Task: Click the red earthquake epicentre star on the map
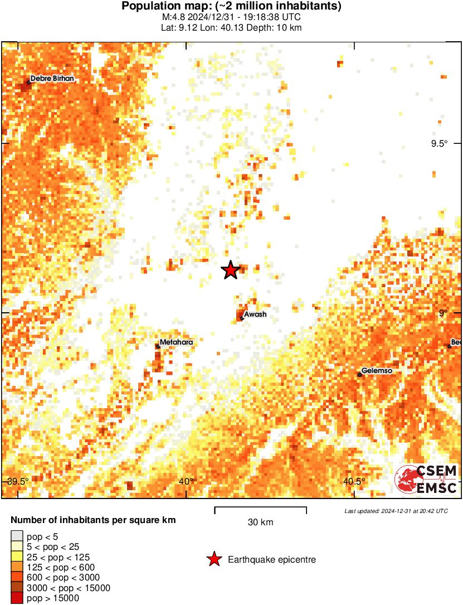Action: point(230,270)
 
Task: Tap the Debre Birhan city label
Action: point(52,79)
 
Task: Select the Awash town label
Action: point(255,314)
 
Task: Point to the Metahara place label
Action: point(176,342)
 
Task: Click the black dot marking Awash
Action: point(241,318)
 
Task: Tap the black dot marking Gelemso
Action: point(360,375)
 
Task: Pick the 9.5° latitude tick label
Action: point(439,143)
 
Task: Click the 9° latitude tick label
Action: point(443,313)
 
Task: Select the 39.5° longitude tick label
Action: point(18,482)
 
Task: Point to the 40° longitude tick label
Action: point(187,482)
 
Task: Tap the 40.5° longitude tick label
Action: point(354,482)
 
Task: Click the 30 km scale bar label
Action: point(260,522)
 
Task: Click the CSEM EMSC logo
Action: point(426,480)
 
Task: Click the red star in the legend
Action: point(213,559)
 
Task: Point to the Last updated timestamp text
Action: point(396,511)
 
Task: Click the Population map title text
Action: point(231,7)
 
